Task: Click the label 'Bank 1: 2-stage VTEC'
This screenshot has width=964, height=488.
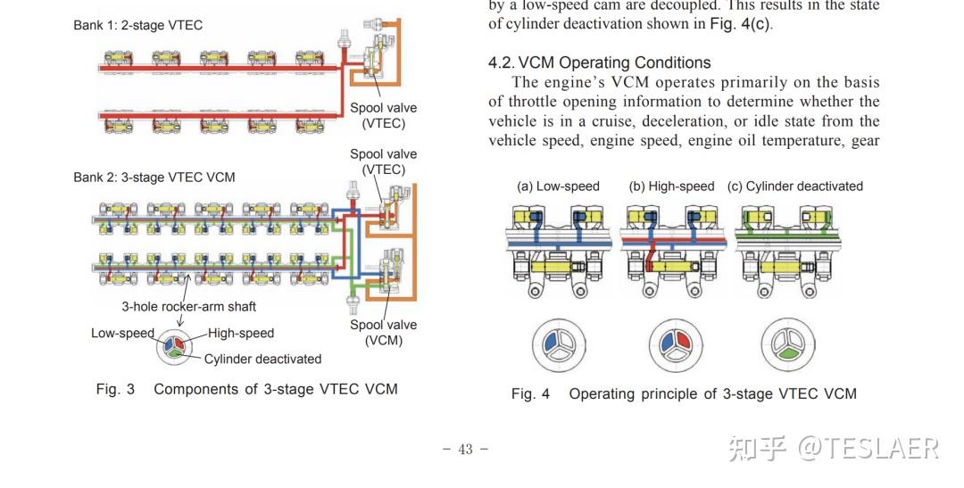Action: (137, 25)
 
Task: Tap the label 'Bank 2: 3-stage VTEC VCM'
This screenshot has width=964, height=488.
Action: (154, 177)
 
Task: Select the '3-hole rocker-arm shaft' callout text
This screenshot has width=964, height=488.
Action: (188, 306)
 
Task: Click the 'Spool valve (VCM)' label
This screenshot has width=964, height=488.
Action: (384, 333)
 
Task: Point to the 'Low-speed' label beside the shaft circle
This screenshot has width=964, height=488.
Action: (122, 333)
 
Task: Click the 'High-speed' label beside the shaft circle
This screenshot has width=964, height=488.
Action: (241, 333)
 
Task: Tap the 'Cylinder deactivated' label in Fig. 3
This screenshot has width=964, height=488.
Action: (262, 359)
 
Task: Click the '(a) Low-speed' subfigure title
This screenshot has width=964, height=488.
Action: (558, 186)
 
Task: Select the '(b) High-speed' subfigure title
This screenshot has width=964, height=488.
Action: (671, 186)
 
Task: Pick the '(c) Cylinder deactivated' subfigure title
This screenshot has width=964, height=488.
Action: (795, 186)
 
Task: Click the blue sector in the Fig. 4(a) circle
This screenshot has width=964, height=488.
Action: (550, 341)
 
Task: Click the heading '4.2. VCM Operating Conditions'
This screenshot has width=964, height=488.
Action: (600, 62)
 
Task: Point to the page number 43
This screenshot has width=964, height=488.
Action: (466, 450)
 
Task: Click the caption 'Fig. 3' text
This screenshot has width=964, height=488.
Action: (115, 389)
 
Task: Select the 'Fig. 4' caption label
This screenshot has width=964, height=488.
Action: (530, 394)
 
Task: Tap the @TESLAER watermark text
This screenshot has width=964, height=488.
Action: (868, 449)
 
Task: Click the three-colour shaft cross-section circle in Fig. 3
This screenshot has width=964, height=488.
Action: (174, 346)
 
